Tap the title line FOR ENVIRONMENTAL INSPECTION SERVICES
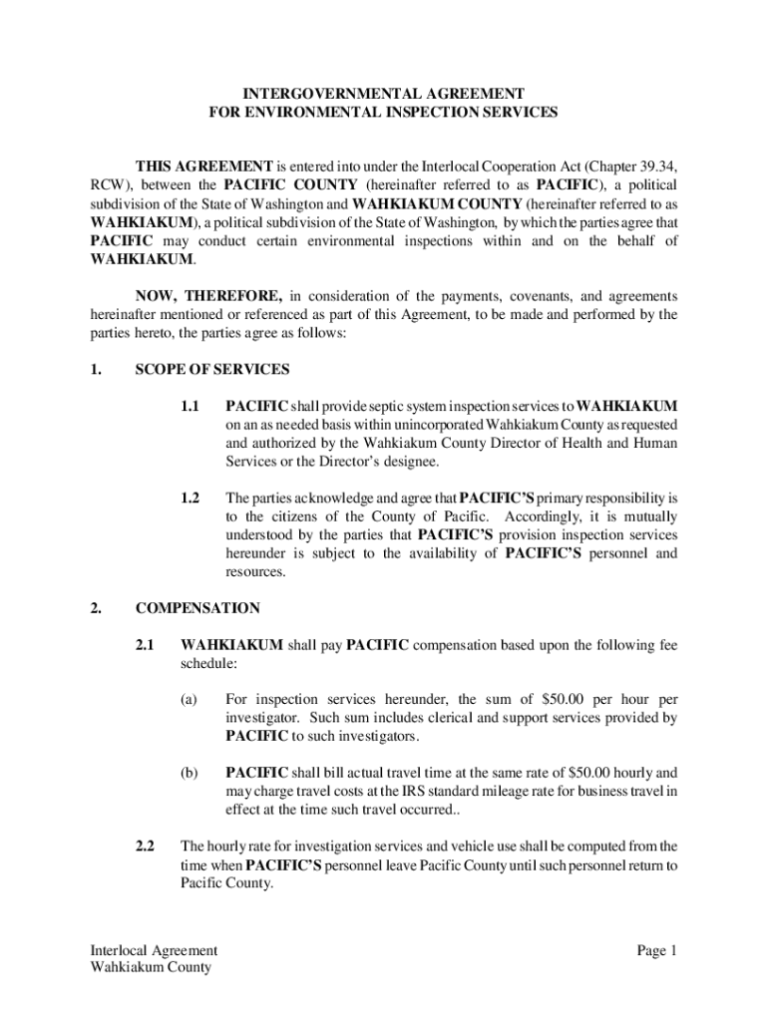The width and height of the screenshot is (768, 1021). (383, 112)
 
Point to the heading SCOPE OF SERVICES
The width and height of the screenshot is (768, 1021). (212, 370)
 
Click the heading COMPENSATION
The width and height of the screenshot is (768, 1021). (197, 608)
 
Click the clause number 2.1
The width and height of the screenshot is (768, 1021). (146, 646)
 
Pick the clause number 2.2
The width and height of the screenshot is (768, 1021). (146, 847)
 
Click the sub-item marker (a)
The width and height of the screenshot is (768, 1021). (190, 700)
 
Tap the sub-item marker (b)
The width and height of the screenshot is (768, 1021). (190, 773)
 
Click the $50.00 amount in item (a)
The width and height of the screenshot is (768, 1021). (559, 700)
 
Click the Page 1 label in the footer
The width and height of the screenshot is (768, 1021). (657, 950)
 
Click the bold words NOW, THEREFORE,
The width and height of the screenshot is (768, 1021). (209, 296)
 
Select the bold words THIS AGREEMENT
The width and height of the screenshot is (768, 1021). (204, 166)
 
